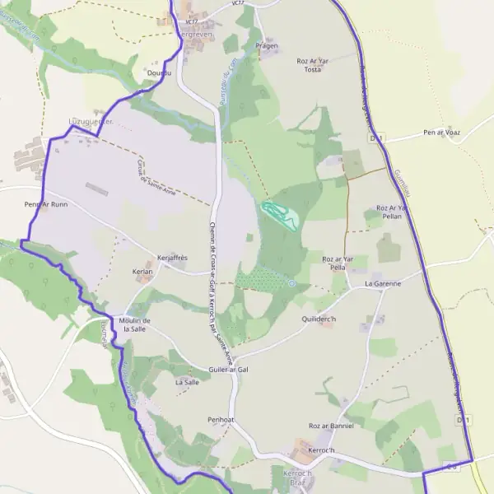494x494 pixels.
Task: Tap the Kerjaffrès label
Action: pos(172,258)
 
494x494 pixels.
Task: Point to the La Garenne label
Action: pos(383,283)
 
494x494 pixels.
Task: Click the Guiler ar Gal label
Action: pos(228,370)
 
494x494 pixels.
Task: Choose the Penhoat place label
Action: pos(221,419)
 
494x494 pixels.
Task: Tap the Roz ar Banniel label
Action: pos(331,426)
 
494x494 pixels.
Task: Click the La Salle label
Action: pos(187,382)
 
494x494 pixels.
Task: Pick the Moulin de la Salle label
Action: pos(134,324)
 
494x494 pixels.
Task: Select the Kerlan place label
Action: pos(142,271)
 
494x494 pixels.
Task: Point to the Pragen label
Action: pos(267,46)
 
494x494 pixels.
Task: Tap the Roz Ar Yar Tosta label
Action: pos(313,65)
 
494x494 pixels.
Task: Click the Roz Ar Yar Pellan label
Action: pos(392,212)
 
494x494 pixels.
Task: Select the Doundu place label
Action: pos(158,73)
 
